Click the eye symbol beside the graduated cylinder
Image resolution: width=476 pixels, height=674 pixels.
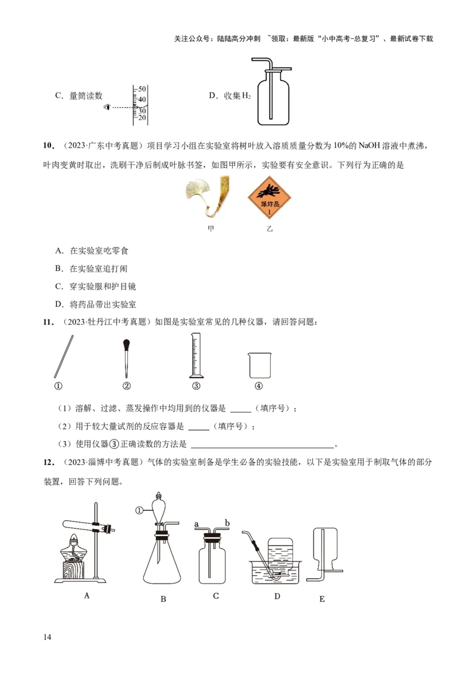pos(107,107)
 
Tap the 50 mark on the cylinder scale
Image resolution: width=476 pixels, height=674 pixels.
pos(142,89)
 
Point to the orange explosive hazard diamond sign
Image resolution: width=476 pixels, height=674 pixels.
pos(270,197)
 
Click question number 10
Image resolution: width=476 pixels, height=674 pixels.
pos(49,146)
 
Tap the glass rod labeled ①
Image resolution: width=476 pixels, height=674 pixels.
pos(64,357)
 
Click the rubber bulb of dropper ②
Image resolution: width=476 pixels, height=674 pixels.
pos(126,344)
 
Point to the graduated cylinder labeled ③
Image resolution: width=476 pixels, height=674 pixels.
pos(196,355)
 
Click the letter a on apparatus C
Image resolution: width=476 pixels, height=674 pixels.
pos(196,524)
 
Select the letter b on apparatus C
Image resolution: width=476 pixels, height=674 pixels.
pos(227,523)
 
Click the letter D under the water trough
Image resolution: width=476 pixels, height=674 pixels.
pos(277,595)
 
